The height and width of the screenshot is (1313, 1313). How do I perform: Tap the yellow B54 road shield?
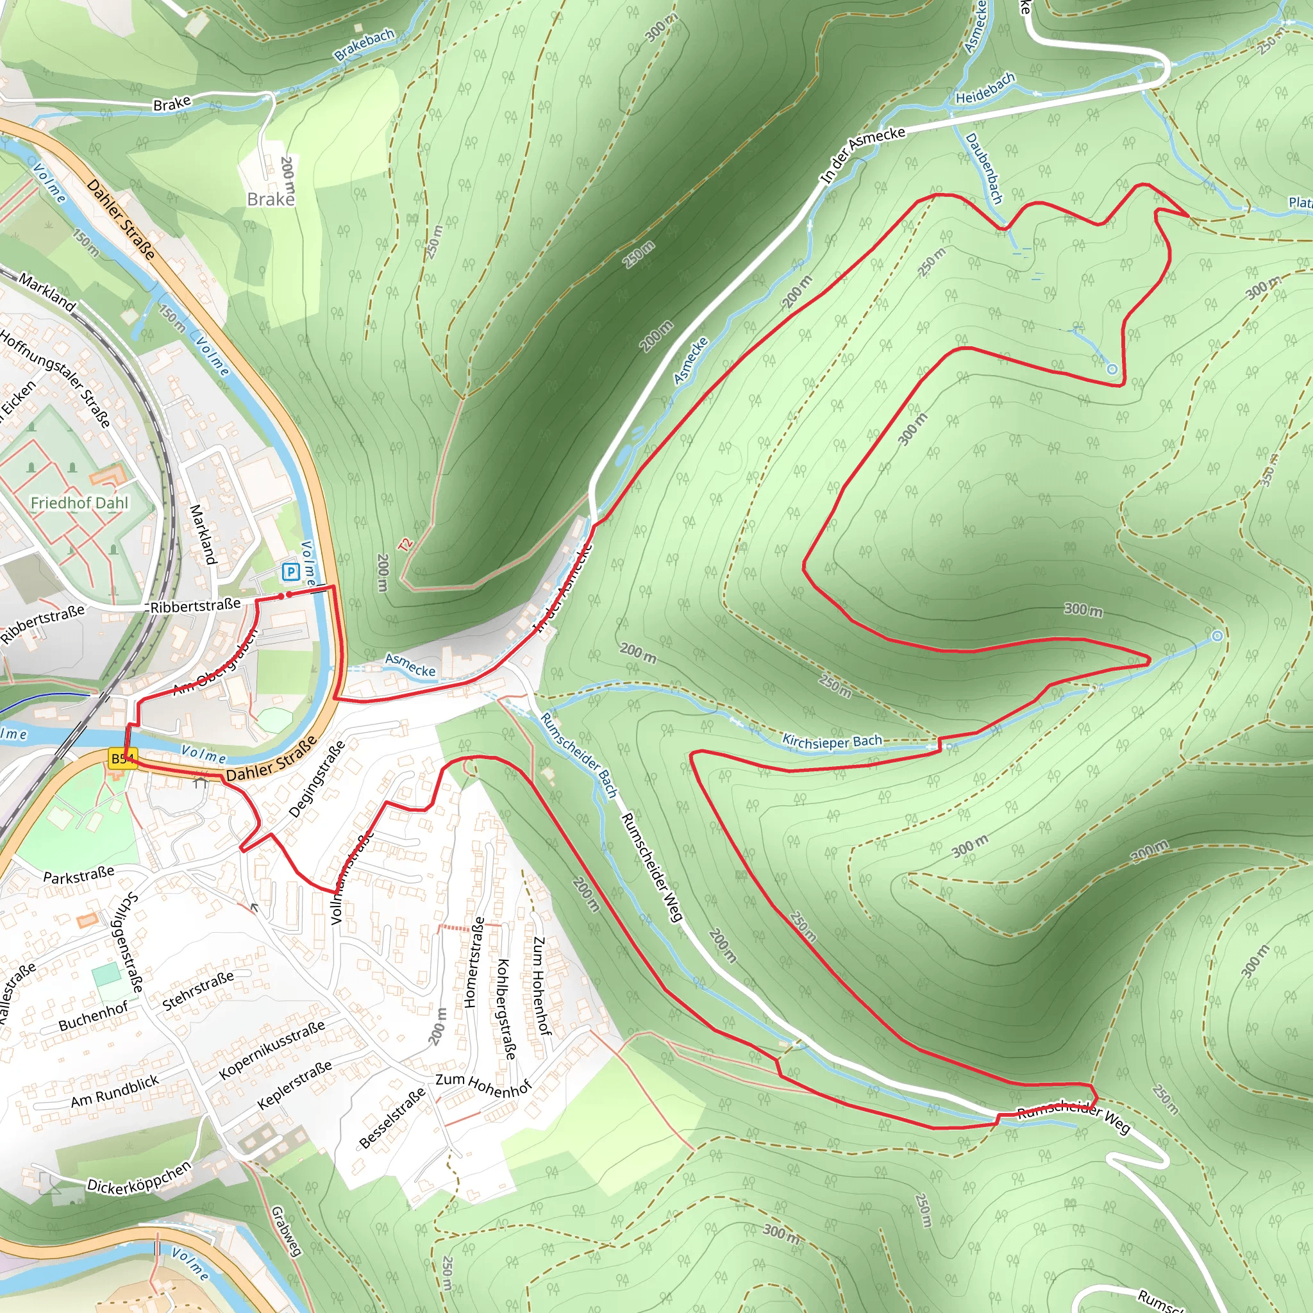pos(123,759)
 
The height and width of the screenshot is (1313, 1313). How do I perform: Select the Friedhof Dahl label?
pos(79,503)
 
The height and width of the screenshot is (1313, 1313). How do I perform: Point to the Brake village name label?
pos(271,199)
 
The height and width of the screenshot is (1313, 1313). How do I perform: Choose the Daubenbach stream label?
pos(983,168)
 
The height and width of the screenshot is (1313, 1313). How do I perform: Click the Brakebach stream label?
pos(364,45)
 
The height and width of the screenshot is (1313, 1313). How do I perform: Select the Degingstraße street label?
pos(317,779)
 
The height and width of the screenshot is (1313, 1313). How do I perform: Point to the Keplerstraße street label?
pos(295,1085)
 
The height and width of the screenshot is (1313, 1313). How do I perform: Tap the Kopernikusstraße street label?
pos(272,1050)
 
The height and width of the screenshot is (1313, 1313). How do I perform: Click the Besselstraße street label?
pos(392,1118)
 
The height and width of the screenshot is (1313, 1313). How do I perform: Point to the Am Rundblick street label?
pos(115,1091)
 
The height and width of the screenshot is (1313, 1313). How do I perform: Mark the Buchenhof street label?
pos(93,1016)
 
